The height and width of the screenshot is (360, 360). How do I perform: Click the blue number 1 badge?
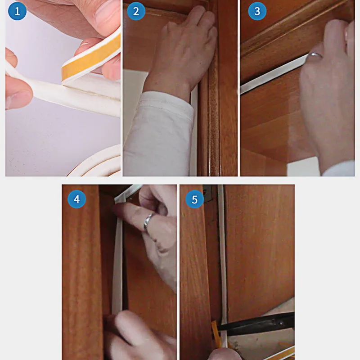click(x=17, y=11)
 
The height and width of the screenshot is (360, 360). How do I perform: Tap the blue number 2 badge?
click(x=136, y=11)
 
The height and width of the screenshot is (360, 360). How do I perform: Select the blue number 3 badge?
click(x=257, y=11)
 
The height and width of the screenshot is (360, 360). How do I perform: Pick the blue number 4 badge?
click(x=77, y=199)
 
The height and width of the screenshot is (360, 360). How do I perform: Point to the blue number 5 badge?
click(x=195, y=199)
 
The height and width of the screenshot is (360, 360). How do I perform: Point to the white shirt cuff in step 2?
click(x=158, y=133)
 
